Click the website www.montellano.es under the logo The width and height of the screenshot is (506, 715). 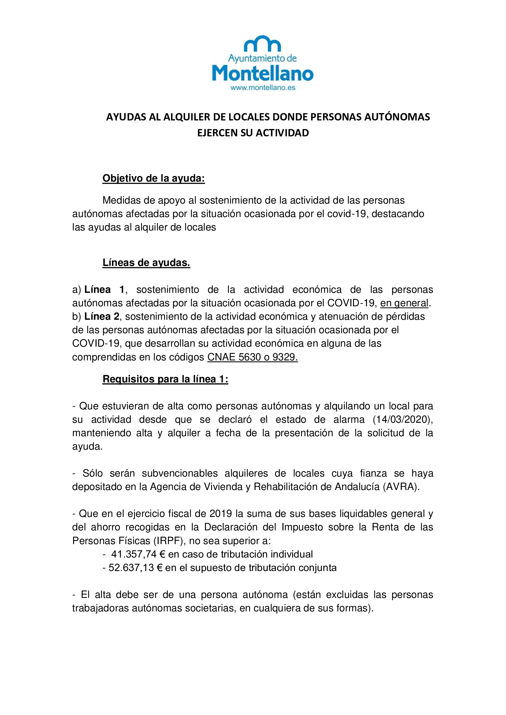point(263,88)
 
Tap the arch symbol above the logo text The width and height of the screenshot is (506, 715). point(262,44)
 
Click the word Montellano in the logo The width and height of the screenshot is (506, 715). point(263,73)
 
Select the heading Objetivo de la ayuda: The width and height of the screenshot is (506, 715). point(154,178)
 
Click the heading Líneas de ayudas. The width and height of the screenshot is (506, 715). point(146,263)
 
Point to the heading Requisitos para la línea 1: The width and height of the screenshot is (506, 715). point(165,379)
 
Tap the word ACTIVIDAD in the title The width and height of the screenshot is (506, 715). point(282,133)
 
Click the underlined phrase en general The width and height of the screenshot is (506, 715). point(404,303)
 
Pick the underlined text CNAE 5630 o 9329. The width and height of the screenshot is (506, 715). point(252,357)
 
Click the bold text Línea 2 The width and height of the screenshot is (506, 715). point(102,316)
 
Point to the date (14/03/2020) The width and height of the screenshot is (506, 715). point(403,419)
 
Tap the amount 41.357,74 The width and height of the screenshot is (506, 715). point(134,554)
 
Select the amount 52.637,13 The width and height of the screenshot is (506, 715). point(131,567)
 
